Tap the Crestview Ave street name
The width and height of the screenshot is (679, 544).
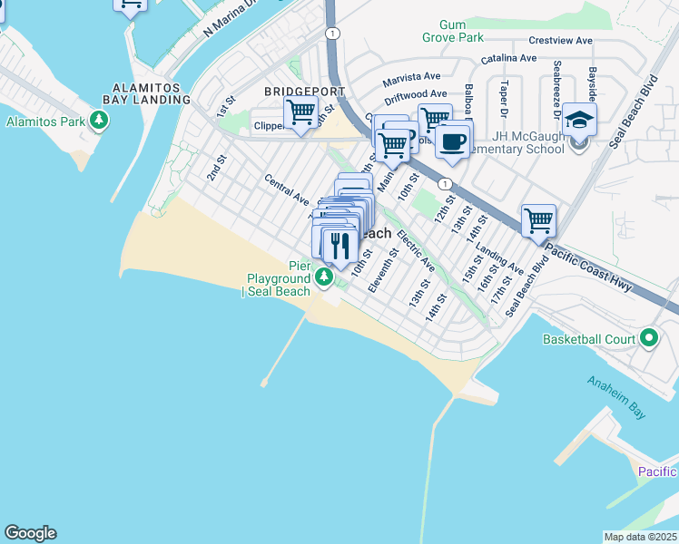click(560, 41)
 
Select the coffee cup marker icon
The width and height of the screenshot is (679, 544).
click(452, 141)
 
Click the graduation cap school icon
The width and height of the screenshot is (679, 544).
click(578, 120)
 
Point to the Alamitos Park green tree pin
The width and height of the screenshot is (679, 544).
click(98, 121)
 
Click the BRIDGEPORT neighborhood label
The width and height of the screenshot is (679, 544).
click(304, 92)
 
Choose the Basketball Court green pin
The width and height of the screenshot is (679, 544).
click(648, 339)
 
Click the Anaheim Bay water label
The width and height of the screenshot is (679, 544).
click(615, 397)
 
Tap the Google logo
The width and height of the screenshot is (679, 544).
click(30, 533)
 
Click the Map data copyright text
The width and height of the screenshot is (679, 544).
click(640, 537)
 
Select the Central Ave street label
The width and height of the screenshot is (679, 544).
click(287, 189)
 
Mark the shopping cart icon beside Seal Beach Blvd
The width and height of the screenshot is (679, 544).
click(538, 219)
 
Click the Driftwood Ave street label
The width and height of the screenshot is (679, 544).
click(415, 94)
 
